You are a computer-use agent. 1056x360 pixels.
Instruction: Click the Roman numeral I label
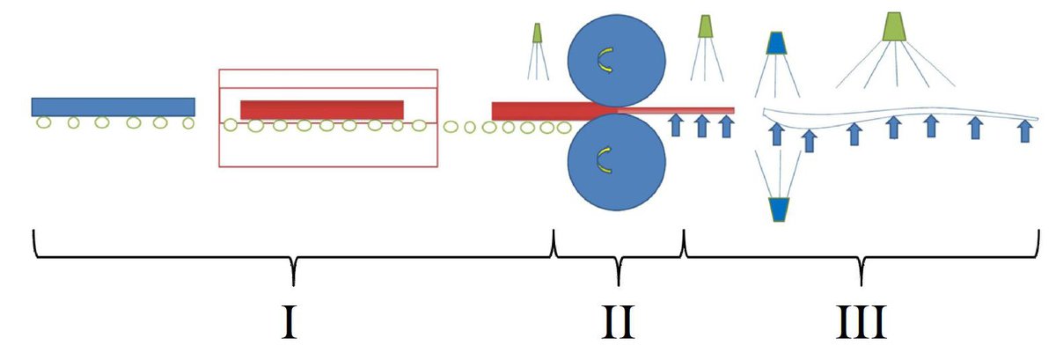point(290,322)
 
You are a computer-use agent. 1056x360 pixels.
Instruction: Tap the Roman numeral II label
point(618,322)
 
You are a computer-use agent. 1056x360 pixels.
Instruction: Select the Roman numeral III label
point(862,322)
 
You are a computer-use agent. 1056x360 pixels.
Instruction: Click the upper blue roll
point(617,61)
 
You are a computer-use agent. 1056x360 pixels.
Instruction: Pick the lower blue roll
point(617,162)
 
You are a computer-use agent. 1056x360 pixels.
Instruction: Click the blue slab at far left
point(114,107)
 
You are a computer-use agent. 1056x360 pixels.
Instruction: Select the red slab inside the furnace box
point(322,110)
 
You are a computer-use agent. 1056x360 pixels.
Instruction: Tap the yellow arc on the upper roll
point(603,60)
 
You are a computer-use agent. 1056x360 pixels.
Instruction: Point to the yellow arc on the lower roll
point(603,160)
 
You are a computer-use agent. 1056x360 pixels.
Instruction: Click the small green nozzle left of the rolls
point(537,33)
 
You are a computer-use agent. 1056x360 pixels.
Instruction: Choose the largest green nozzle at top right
point(894,26)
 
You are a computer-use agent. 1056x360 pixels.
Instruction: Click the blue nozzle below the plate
point(779,209)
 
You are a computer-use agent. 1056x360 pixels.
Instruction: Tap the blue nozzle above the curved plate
point(776,43)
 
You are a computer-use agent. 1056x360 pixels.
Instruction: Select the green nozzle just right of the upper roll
point(705,26)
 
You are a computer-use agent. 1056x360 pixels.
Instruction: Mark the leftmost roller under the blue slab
point(43,122)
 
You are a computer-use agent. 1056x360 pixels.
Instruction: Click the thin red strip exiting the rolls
point(676,110)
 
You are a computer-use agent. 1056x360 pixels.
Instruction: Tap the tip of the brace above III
point(862,285)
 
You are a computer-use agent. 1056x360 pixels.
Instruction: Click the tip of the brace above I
point(293,285)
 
